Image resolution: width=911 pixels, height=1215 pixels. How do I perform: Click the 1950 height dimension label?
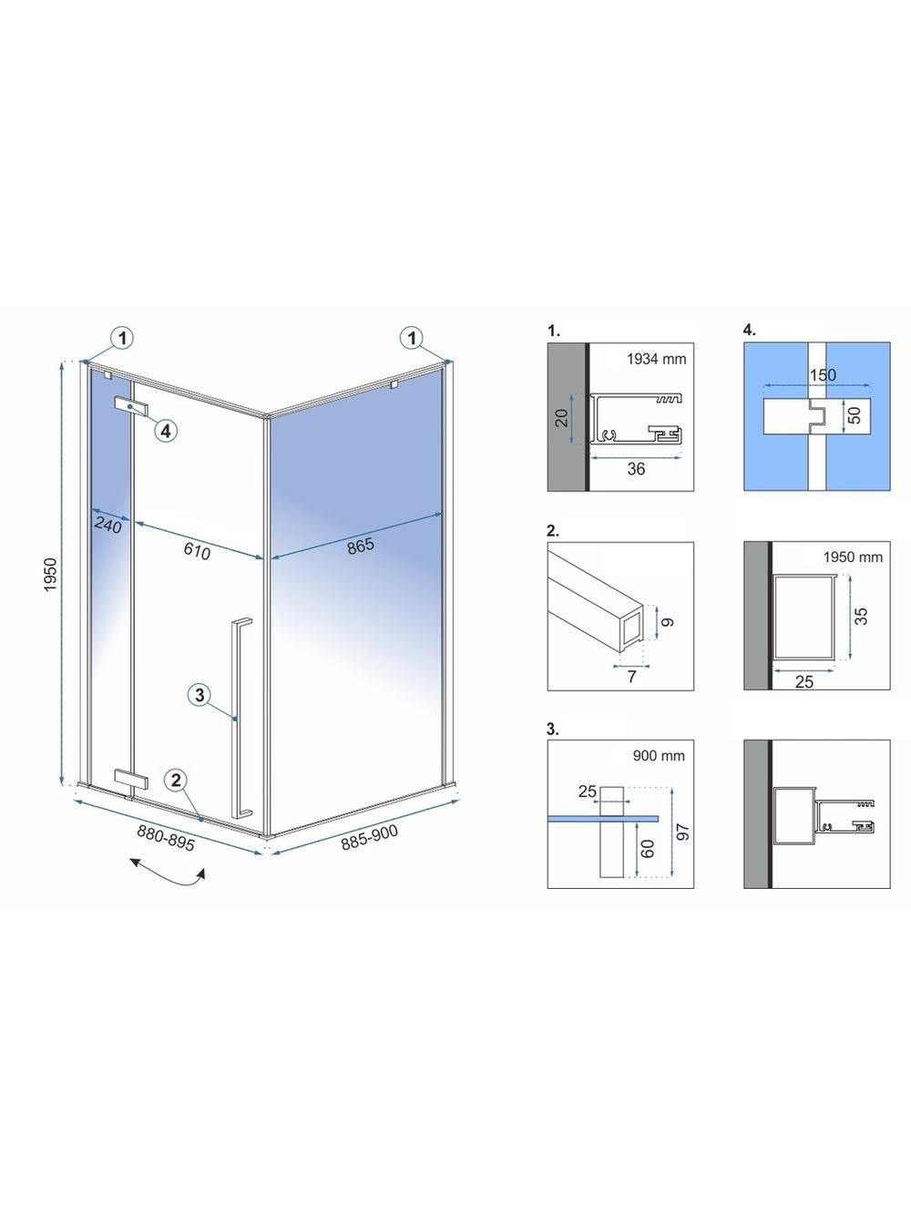pos(50,575)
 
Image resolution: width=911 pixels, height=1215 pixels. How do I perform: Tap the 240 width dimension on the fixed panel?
pos(108,524)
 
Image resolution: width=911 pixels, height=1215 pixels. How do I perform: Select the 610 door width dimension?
pos(197,550)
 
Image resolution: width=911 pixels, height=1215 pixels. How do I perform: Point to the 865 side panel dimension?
pos(361,546)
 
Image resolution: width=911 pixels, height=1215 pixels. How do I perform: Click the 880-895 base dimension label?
pos(166,837)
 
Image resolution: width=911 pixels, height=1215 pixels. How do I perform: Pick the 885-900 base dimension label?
pos(369,837)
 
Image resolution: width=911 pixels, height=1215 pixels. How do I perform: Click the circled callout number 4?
pos(166,430)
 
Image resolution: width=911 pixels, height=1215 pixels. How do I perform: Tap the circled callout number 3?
pos(200,694)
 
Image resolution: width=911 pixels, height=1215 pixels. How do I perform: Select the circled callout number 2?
pos(176,781)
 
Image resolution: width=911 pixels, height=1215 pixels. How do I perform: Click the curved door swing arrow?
pos(167,877)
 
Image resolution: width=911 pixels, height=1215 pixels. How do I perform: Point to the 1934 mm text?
pos(656,359)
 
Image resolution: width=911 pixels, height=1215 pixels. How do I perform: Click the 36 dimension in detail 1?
pos(636,469)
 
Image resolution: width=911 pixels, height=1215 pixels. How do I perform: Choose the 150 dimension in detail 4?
pos(823,375)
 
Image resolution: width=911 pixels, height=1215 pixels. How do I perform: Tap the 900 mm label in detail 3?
pos(659,756)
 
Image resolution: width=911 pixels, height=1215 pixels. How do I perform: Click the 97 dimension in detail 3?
pos(683,832)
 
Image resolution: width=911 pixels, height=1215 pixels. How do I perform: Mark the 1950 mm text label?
pos(853,556)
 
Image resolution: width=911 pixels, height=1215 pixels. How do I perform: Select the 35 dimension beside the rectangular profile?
pos(861,616)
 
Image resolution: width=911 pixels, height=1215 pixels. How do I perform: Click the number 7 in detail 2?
pos(631,676)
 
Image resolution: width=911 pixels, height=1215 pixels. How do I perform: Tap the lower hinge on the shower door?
pos(131,778)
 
